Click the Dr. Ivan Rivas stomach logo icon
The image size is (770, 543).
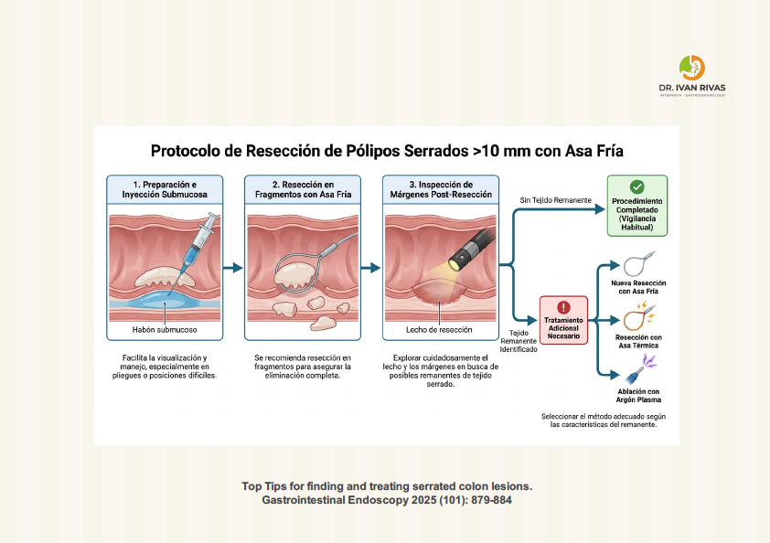(692, 68)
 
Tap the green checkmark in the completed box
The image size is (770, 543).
(636, 187)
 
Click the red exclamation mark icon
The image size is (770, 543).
(563, 307)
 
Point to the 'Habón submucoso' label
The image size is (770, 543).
(165, 330)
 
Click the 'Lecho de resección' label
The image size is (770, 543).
(439, 330)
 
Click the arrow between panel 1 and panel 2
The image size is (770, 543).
(233, 268)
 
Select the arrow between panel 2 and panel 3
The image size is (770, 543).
(370, 268)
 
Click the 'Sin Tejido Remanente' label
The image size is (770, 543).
(555, 200)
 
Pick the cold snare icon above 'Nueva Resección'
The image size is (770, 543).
(638, 264)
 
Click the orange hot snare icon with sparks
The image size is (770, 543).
(639, 316)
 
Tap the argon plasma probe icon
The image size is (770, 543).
(641, 369)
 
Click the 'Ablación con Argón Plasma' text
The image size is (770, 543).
(638, 396)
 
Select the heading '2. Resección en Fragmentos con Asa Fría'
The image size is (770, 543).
(303, 189)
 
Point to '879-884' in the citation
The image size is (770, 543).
(491, 500)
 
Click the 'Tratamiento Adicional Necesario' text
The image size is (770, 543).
(563, 328)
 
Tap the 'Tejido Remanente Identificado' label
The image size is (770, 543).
(519, 341)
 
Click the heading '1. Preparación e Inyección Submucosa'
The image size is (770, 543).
(165, 189)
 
